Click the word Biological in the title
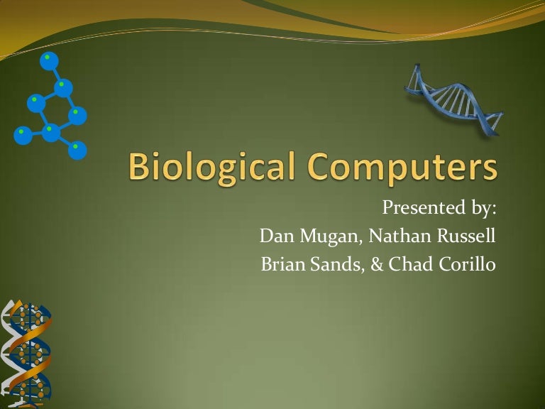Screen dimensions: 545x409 click(211, 167)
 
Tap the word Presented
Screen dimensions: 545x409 click(424, 207)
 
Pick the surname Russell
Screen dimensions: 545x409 click(466, 236)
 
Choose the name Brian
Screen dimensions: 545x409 click(283, 263)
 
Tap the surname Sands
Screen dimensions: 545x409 click(337, 264)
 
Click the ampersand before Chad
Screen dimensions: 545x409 click(377, 263)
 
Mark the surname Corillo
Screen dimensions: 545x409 click(467, 263)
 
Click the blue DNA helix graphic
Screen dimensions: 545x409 click(453, 100)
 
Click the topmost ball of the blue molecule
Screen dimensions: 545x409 click(49, 61)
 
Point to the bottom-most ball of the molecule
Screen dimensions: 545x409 click(77, 151)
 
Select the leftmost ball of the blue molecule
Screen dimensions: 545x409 click(23, 136)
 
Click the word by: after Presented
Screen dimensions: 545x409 click(483, 208)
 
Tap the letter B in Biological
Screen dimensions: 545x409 click(139, 167)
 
